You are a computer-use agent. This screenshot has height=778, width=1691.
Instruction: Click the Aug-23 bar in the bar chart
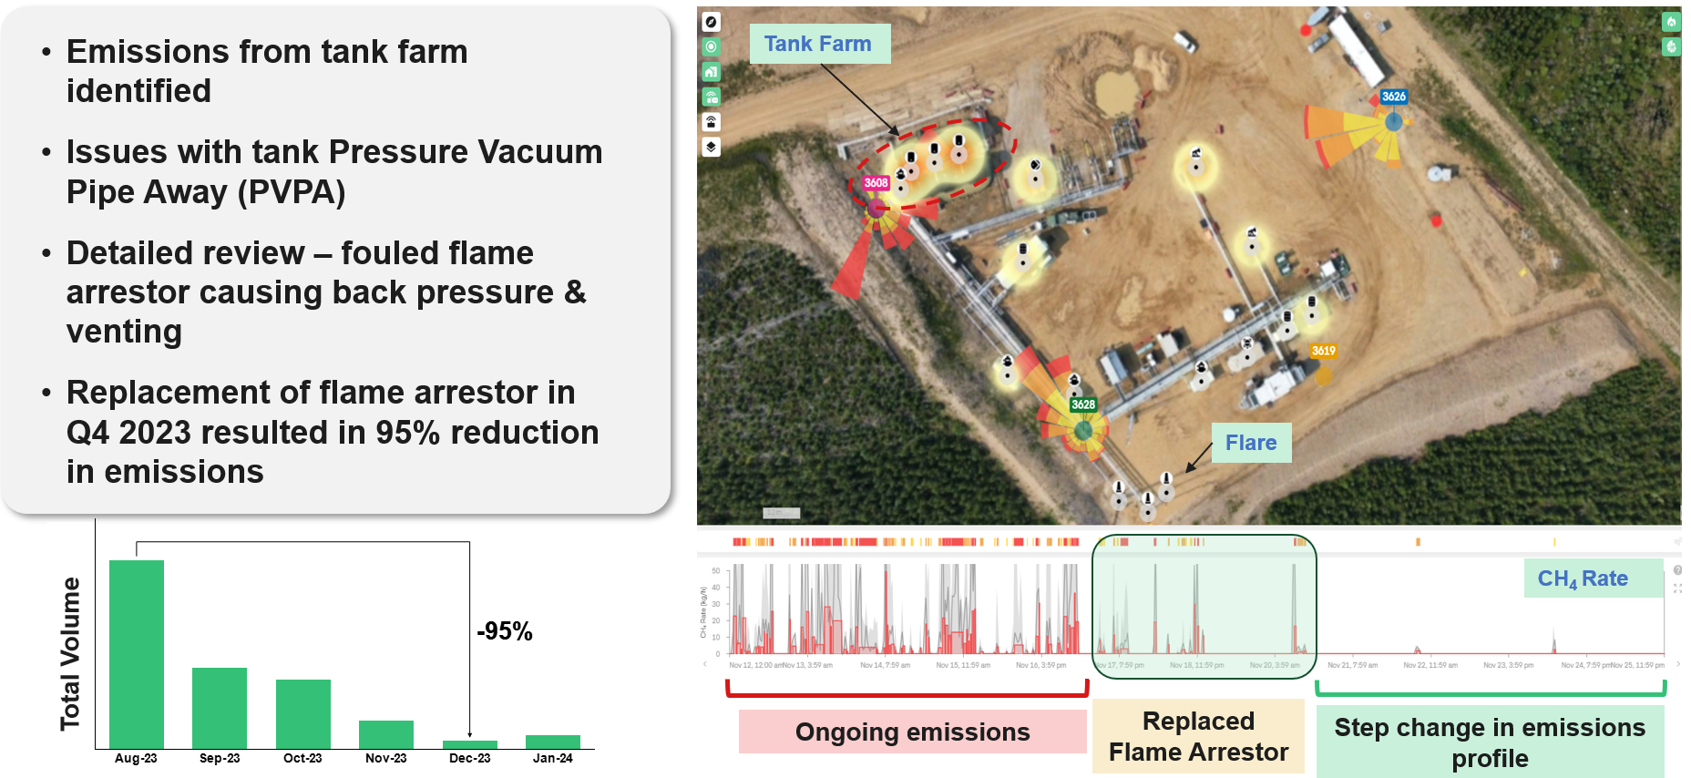tap(137, 654)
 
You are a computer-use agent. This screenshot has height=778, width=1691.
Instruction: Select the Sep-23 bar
tap(220, 708)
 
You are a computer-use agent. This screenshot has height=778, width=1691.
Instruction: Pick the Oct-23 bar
tap(303, 713)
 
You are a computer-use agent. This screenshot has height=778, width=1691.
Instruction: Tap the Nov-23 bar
tap(386, 734)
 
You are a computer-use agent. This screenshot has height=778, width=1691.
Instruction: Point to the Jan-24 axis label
tap(553, 758)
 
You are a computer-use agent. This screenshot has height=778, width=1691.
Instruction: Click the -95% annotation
tap(505, 631)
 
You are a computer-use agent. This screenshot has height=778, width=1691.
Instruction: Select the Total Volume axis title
tap(70, 653)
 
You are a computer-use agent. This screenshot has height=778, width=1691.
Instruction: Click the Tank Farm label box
tap(819, 44)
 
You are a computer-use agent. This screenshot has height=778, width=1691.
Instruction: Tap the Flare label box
tap(1251, 443)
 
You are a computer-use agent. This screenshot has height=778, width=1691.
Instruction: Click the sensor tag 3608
tap(876, 183)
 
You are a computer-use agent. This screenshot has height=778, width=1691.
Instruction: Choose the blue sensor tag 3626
tap(1393, 97)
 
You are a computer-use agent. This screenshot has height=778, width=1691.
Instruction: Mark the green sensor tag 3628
tap(1083, 404)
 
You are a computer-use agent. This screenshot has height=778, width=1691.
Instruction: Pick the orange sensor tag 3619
tap(1323, 351)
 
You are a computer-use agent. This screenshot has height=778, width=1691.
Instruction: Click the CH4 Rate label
tap(1583, 578)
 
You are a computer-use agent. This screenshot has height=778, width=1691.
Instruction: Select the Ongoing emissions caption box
tap(912, 732)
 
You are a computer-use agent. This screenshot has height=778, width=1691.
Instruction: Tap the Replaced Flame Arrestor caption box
tap(1198, 736)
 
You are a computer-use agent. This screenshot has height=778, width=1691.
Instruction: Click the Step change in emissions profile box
tap(1490, 742)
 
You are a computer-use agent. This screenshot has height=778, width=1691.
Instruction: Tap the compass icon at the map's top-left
tap(712, 22)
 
